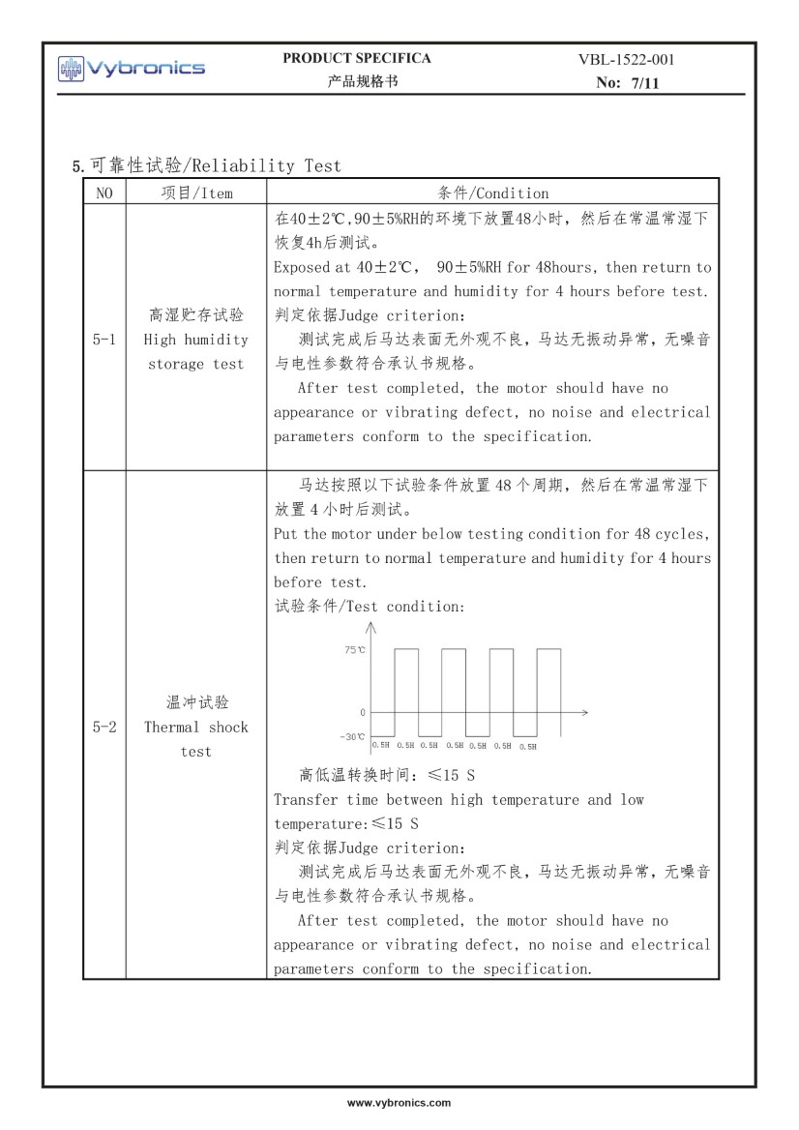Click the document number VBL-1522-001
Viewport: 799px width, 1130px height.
(626, 60)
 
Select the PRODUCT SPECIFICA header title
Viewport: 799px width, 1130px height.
(357, 58)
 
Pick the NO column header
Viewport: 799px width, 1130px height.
(104, 193)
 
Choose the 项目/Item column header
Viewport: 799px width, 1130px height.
(195, 193)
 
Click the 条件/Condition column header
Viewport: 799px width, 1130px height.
(492, 193)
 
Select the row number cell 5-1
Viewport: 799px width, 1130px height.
(104, 340)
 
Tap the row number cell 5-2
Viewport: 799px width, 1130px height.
(104, 727)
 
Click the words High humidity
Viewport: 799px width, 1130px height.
(195, 340)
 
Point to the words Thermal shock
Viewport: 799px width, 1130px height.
(195, 727)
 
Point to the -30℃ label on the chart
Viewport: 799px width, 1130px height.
(354, 737)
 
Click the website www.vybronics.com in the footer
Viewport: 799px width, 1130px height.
(399, 1102)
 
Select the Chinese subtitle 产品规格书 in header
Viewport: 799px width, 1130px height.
(357, 81)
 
